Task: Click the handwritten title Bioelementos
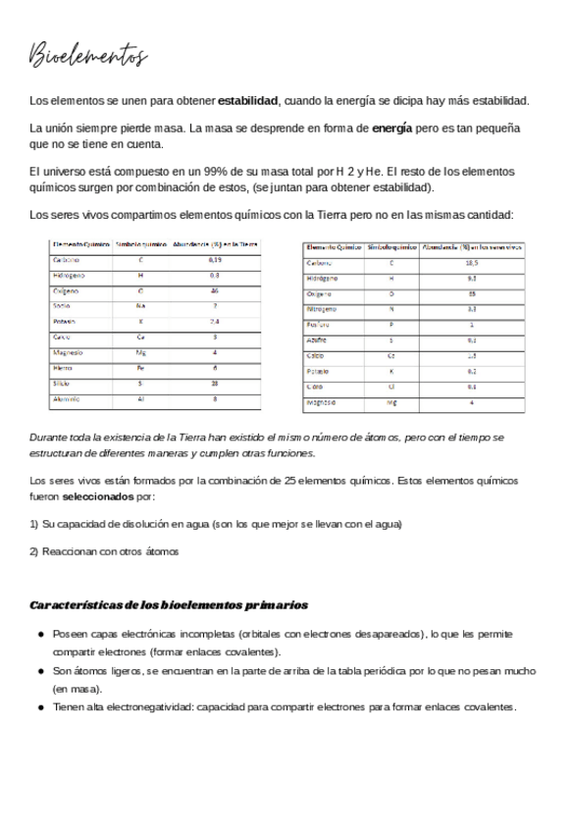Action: pos(88,56)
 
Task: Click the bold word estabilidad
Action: pos(248,101)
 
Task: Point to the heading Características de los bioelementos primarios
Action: pos(169,605)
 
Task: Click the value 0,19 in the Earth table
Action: pos(215,261)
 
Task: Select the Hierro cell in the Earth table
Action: pos(63,368)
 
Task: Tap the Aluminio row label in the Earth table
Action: pos(68,399)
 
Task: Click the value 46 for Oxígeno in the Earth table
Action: pos(215,291)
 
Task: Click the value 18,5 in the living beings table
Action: pos(472,263)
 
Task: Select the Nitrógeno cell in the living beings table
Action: pos(325,309)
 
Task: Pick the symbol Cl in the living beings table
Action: pos(391,387)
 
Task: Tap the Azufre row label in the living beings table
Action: pos(317,340)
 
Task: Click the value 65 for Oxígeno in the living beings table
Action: pos(472,293)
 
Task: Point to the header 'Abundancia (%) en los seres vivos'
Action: pos(472,248)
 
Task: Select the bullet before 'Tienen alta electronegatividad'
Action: pos(40,707)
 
